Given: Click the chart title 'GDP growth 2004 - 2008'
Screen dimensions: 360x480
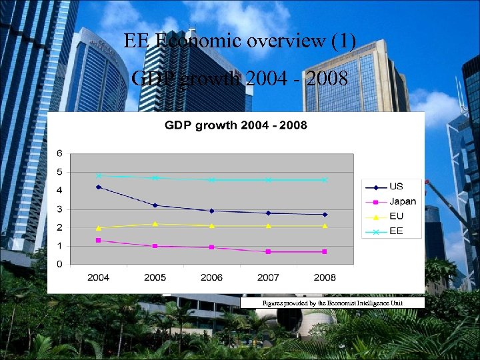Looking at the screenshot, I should tap(236, 125).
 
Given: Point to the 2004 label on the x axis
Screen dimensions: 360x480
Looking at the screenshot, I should tap(99, 277).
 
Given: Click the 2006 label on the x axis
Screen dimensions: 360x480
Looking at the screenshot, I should tap(211, 277).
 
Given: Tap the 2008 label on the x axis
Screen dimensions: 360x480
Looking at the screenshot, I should tap(325, 277).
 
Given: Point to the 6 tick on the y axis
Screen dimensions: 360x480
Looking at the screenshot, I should tap(59, 153).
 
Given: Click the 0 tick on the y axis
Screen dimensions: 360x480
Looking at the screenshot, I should tap(59, 265).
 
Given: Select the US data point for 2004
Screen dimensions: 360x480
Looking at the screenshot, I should tap(99, 187).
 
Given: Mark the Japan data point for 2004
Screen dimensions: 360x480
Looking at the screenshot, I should tap(99, 241).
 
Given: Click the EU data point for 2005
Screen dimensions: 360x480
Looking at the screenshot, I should tap(155, 224).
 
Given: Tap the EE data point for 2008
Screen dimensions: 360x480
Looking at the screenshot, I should tap(325, 180).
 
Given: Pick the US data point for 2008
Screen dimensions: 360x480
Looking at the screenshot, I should tap(325, 215).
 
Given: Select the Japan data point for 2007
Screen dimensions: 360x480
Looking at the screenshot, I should tap(268, 252).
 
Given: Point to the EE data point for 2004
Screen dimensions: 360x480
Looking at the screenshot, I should tap(99, 176).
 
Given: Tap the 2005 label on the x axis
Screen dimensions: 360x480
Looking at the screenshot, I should tap(155, 277).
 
